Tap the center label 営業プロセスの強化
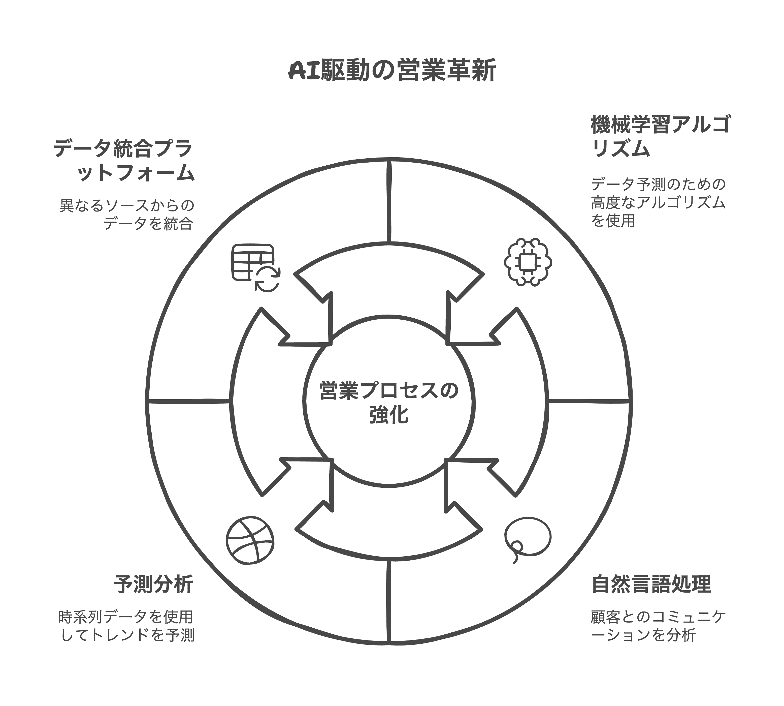pos(389,402)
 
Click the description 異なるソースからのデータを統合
pos(127,214)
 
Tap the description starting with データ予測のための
pos(658,202)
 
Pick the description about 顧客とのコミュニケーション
pos(658,626)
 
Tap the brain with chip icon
pos(528,262)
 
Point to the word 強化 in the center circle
pos(389,415)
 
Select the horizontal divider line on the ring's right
pos(588,401)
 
